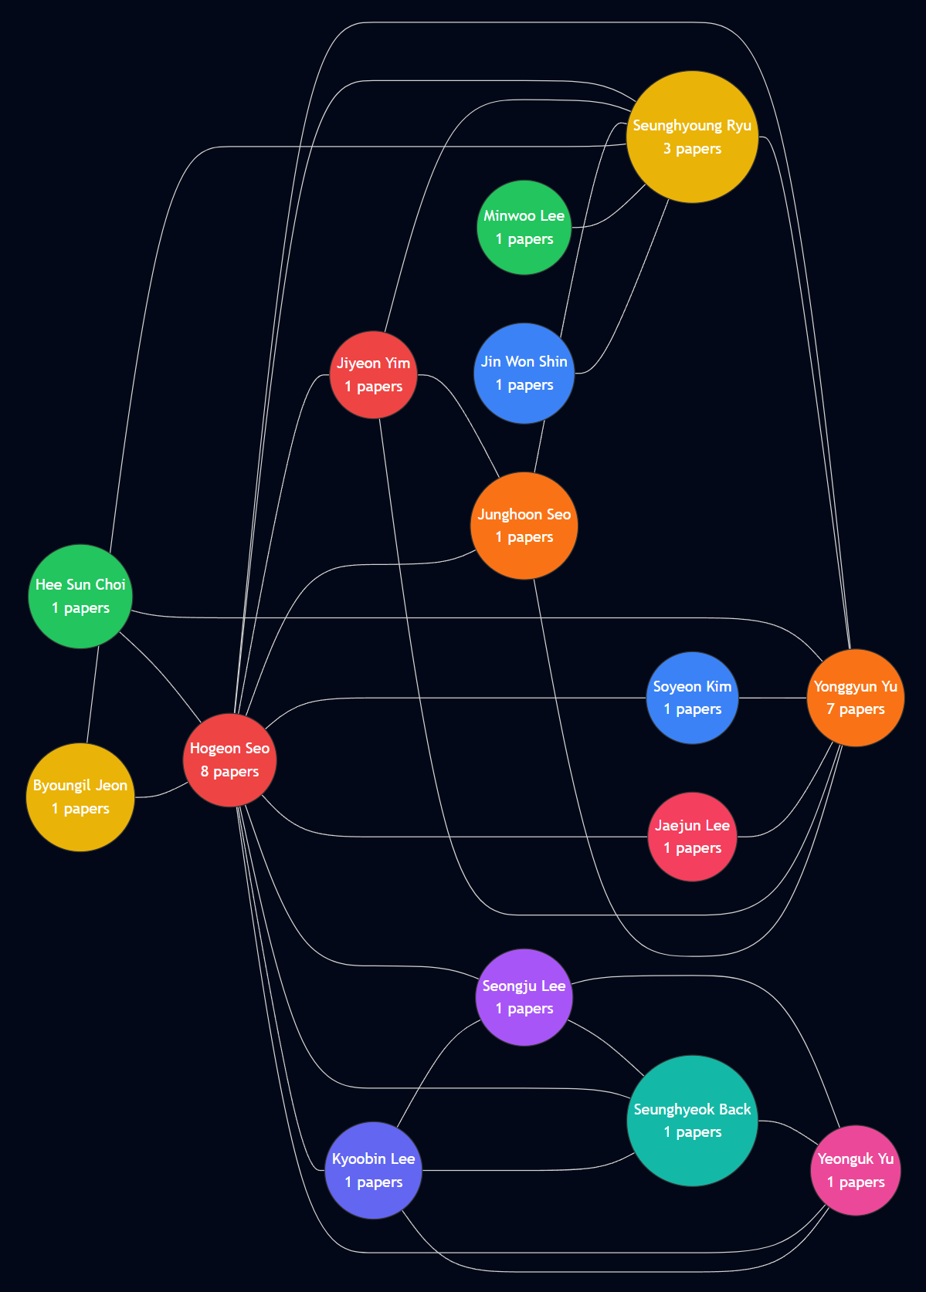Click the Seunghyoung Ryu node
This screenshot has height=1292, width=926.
pyautogui.click(x=692, y=137)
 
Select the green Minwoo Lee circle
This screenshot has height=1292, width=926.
pyautogui.click(x=524, y=227)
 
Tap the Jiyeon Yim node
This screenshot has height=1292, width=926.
pyautogui.click(x=374, y=375)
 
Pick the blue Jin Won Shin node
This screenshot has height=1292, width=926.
pyautogui.click(x=524, y=374)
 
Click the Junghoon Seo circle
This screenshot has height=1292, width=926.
pyautogui.click(x=524, y=526)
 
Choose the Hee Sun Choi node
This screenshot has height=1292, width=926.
pyautogui.click(x=80, y=597)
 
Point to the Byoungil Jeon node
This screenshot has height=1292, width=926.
pyautogui.click(x=80, y=797)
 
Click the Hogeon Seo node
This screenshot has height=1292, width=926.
pyautogui.click(x=230, y=760)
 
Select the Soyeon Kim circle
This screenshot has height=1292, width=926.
pyautogui.click(x=692, y=698)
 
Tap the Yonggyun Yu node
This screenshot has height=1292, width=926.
pyautogui.click(x=856, y=698)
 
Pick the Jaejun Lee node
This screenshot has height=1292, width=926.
pyautogui.click(x=692, y=837)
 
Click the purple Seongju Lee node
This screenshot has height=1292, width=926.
pyautogui.click(x=524, y=997)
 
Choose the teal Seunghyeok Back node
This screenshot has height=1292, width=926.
pyautogui.click(x=692, y=1121)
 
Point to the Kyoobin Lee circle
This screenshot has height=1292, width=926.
pyautogui.click(x=374, y=1170)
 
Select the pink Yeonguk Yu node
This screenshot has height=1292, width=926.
pyautogui.click(x=856, y=1170)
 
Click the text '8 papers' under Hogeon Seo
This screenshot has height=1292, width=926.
pyautogui.click(x=230, y=772)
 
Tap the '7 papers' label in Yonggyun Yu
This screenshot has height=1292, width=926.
pyautogui.click(x=856, y=709)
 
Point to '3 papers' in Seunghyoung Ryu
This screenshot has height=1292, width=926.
pyautogui.click(x=692, y=149)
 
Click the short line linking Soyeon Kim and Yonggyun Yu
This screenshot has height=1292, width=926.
pyautogui.click(x=772, y=698)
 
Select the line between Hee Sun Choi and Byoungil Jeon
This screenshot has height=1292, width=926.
pyautogui.click(x=93, y=695)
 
